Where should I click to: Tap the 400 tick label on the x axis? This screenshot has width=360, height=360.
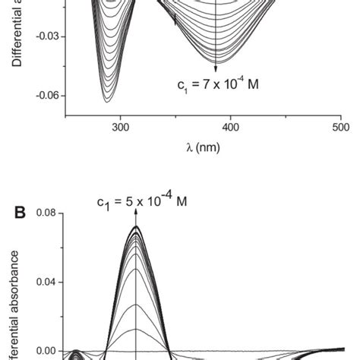point(231,129)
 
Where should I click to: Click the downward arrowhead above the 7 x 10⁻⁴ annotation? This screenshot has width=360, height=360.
point(217,70)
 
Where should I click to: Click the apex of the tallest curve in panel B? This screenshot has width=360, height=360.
point(136,226)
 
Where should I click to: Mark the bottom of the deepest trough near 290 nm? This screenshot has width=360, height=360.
point(107,102)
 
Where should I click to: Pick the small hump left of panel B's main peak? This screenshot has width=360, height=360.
point(76,353)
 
